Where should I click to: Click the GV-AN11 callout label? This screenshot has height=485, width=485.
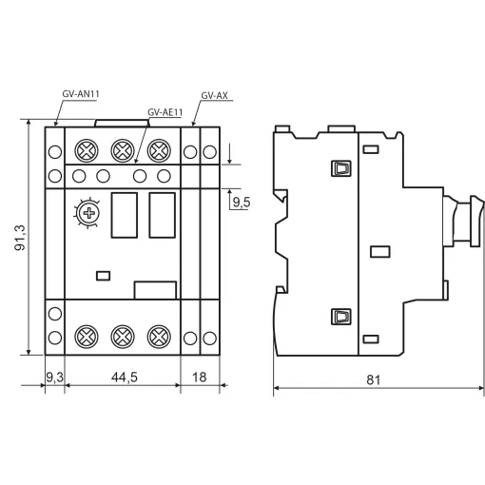pos(81,94)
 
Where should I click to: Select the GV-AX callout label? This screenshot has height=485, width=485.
pos(214,95)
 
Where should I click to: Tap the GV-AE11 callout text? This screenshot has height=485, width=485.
pos(165,112)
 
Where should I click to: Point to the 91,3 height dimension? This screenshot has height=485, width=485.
pos(20,238)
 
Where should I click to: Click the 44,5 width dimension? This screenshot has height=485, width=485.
pos(125,378)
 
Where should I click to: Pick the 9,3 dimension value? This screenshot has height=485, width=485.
pos(54,378)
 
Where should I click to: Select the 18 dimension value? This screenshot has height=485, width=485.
pos(199,378)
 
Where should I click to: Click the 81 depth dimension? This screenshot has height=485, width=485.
pos(373,379)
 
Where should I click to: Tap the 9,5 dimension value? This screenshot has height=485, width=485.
pos(242,203)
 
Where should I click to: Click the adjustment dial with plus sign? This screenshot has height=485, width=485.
pos(88,213)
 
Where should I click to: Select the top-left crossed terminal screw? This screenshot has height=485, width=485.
pos(87,150)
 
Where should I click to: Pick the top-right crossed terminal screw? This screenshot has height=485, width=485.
pos(159,150)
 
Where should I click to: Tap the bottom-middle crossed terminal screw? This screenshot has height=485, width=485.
pos(123,337)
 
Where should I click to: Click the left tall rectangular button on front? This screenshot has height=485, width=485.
pos(125,215)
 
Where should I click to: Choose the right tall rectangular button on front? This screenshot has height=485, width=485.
pos(162,215)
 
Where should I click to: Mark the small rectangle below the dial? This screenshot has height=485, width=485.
pos(103,276)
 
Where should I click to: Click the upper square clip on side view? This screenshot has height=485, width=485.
pos(341,168)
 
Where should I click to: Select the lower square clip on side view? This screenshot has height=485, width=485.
pos(341,317)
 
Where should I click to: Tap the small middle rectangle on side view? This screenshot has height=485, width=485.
pos(380,252)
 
